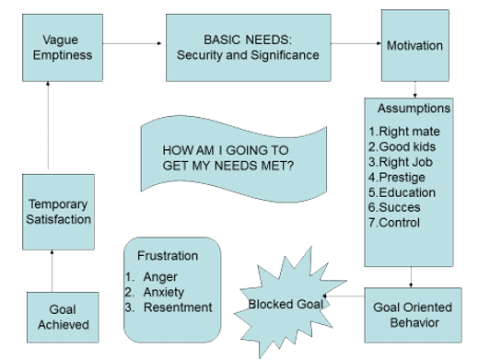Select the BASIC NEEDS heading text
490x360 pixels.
[x=247, y=40]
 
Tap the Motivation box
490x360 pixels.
[x=414, y=45]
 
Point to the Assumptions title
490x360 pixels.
[x=414, y=108]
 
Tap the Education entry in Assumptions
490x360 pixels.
[x=402, y=193]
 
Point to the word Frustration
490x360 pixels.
[x=167, y=255]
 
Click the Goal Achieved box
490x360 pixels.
[x=64, y=317]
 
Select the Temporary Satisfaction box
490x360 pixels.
[x=59, y=211]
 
